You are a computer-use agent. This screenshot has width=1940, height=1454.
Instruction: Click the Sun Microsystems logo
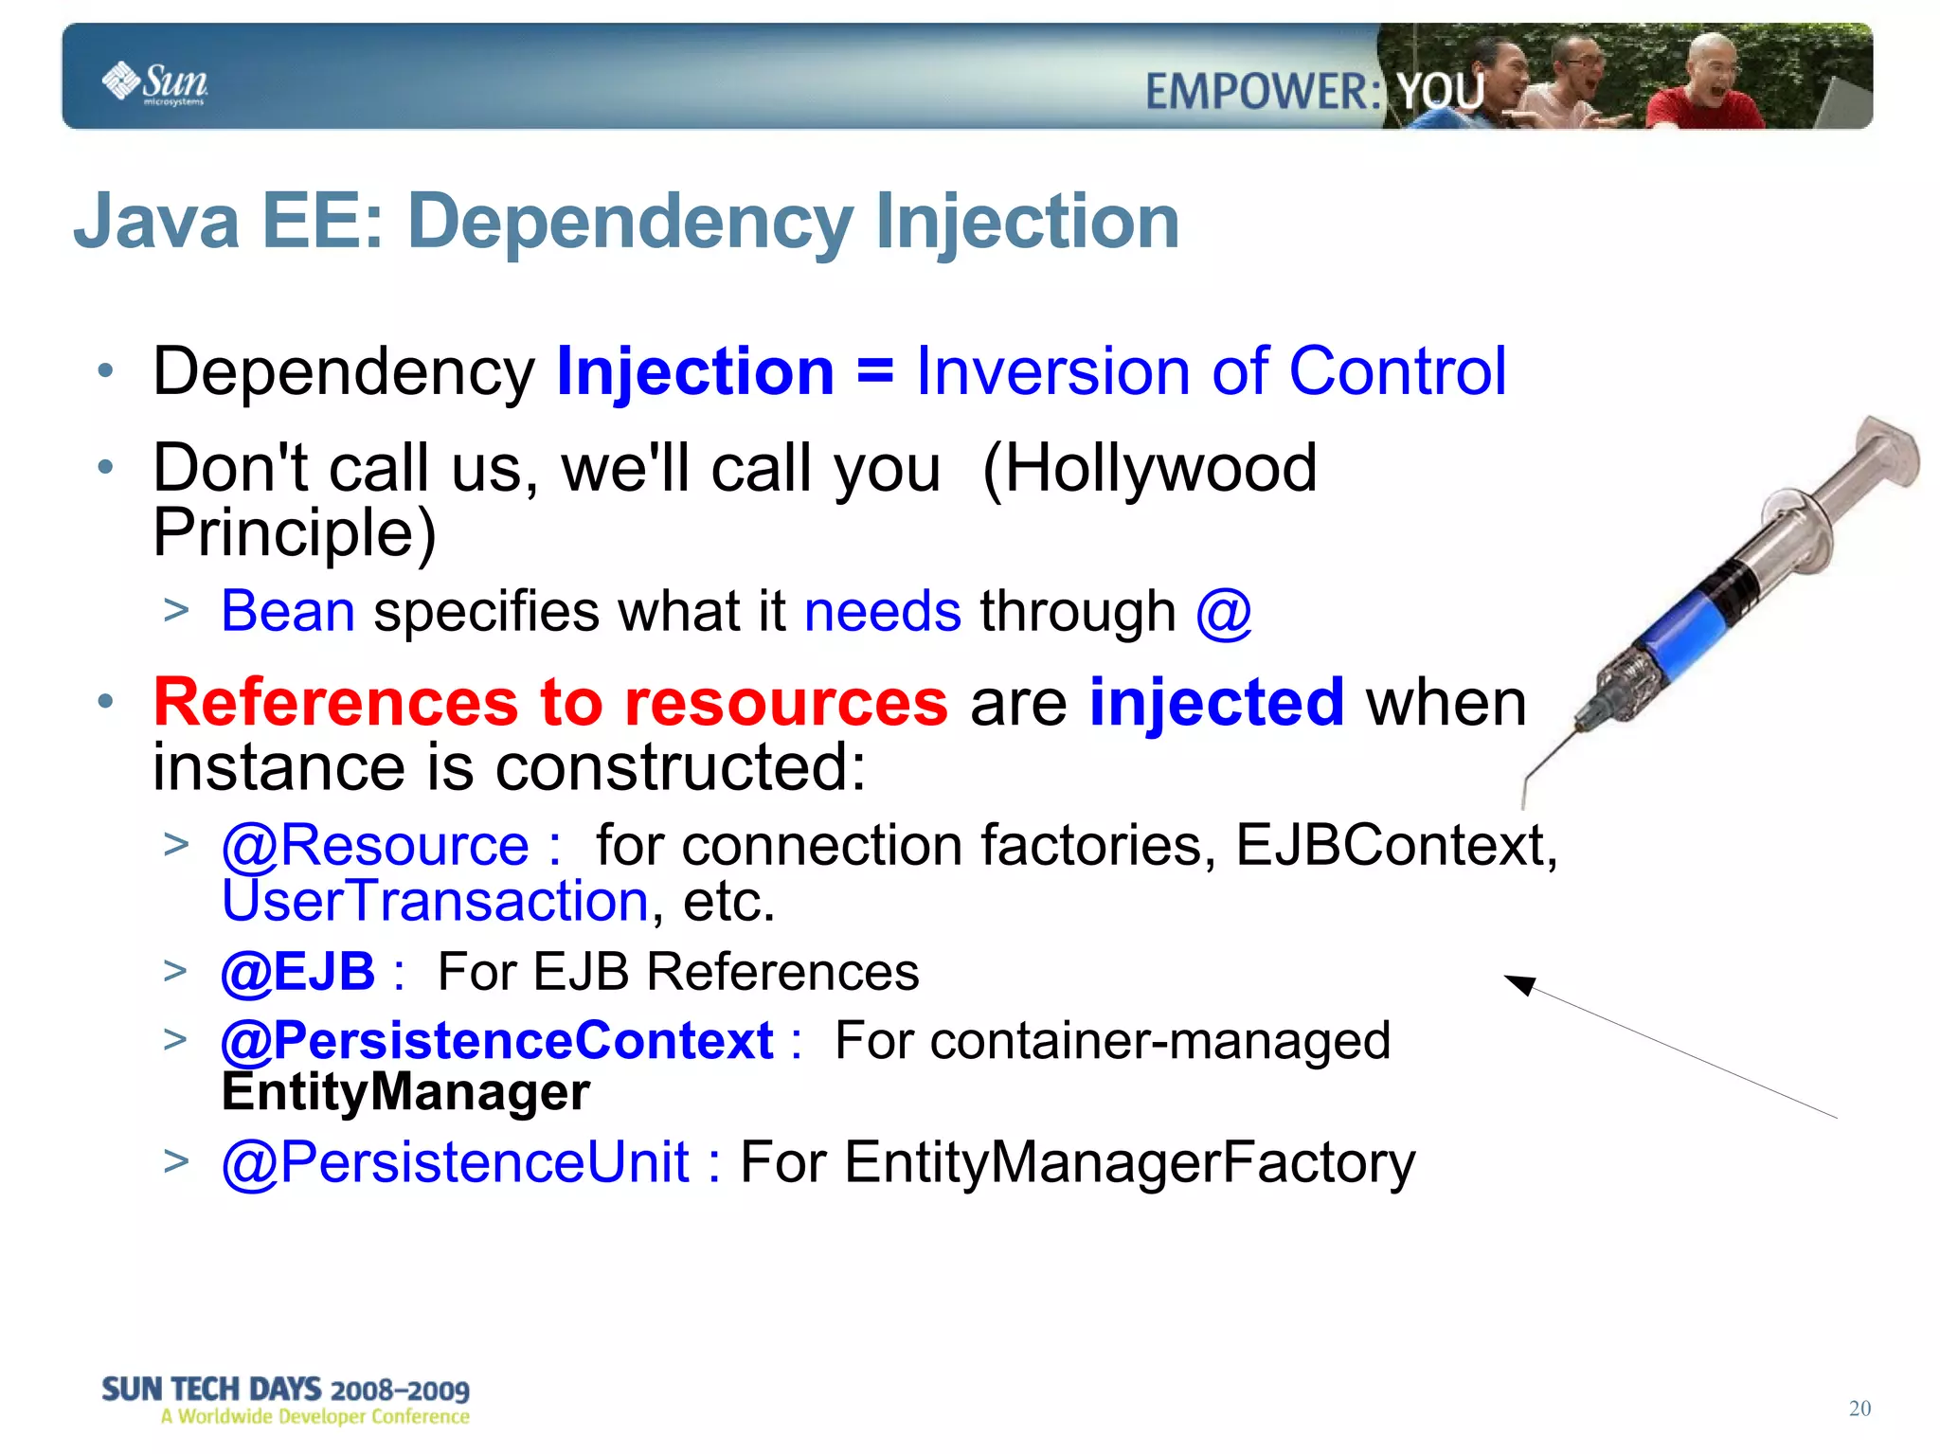[x=154, y=82]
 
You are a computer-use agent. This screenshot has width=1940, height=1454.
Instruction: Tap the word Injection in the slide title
[x=1027, y=222]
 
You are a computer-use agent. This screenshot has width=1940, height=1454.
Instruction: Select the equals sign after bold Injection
[x=874, y=372]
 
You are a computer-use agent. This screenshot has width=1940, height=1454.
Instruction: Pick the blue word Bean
[x=288, y=611]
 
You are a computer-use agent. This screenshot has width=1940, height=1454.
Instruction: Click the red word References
[x=335, y=703]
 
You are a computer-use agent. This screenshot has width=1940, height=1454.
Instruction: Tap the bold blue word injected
[x=1216, y=703]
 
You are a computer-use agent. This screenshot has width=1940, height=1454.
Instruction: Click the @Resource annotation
[x=375, y=845]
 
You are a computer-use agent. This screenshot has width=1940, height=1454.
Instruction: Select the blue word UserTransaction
[x=435, y=901]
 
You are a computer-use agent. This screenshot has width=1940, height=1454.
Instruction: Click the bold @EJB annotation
[x=298, y=972]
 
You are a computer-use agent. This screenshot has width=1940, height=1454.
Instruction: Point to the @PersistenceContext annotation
[x=497, y=1041]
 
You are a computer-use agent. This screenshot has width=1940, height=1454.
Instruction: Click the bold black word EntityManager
[x=405, y=1092]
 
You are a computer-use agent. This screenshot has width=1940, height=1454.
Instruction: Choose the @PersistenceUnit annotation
[x=456, y=1162]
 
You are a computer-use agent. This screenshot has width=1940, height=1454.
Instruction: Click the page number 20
[x=1859, y=1409]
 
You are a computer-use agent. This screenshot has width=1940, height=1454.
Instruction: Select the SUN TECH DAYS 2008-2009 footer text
[x=285, y=1390]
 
